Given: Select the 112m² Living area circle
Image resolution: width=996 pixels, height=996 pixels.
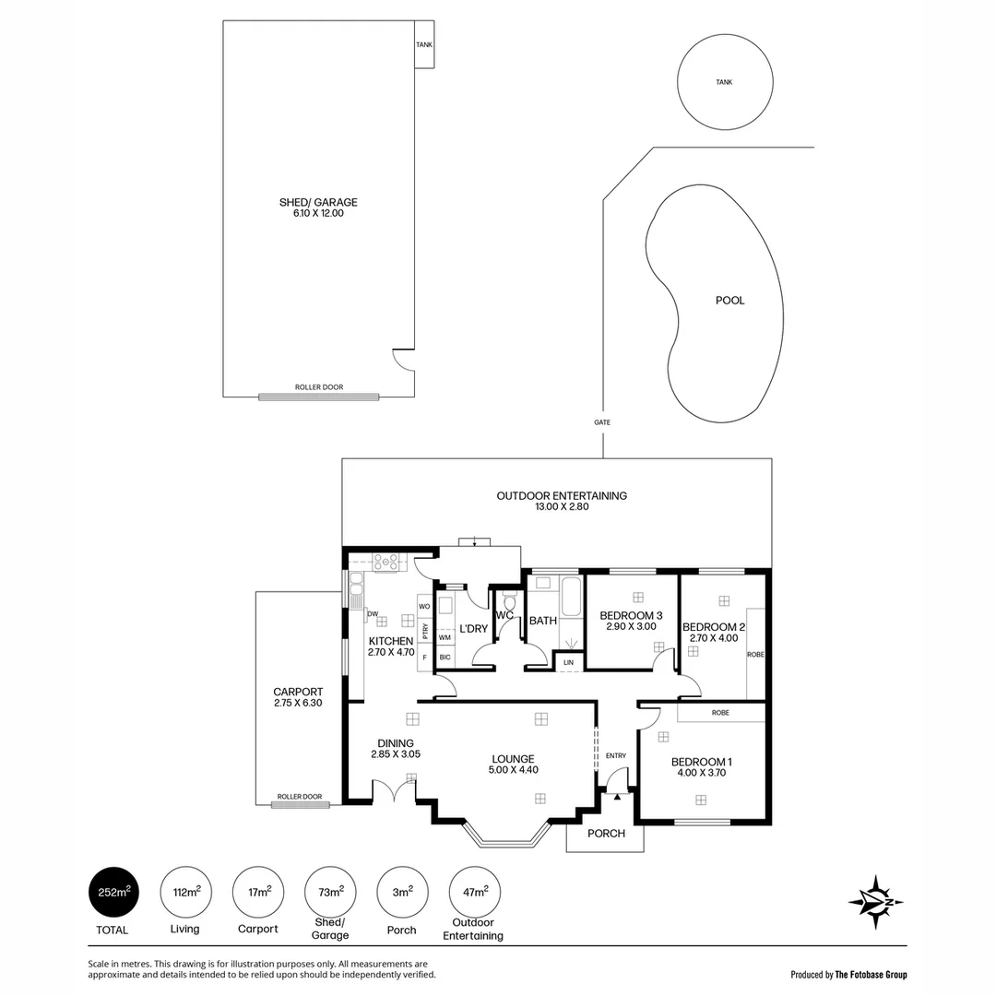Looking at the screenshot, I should [x=185, y=892].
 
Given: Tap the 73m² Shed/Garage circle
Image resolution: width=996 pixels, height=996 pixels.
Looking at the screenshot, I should [x=330, y=892].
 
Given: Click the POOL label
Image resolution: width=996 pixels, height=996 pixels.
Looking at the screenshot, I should [x=729, y=301].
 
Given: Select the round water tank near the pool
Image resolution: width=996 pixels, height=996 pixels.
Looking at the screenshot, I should [x=725, y=82].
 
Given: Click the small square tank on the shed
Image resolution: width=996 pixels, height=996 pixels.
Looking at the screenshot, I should [x=424, y=44].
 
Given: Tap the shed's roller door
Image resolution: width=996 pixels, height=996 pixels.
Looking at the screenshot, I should [x=318, y=397].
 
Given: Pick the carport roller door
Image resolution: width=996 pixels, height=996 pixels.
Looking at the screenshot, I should [x=300, y=804].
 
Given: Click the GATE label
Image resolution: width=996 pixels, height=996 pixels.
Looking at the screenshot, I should [x=602, y=422].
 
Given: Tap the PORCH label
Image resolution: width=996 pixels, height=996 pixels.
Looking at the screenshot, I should [x=606, y=834].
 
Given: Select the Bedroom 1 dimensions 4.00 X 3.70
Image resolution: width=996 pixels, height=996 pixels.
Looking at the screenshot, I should [x=701, y=775].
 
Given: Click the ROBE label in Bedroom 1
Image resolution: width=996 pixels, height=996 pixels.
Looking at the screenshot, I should [x=720, y=712].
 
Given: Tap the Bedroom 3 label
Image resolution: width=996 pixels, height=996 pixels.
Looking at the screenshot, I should [x=631, y=615].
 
